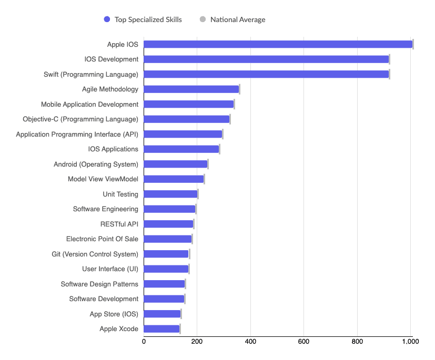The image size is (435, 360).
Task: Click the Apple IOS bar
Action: pos(278,44)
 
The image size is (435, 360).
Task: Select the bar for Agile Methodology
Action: pos(191,89)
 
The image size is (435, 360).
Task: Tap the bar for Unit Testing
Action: pos(170,194)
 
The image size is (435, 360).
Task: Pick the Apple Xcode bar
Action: pos(161,329)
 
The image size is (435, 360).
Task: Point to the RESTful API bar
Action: pos(168,224)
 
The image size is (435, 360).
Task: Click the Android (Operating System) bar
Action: pos(175,164)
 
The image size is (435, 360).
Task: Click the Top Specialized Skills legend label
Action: pos(148,19)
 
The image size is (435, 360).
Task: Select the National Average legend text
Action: pos(238,19)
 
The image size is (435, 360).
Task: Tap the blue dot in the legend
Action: pos(107,19)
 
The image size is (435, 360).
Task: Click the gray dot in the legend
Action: pos(203,19)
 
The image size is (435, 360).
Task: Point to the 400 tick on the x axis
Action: pos(250,341)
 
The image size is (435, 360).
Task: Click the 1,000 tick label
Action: pos(410,341)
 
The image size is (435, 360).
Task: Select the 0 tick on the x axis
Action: pos(144,341)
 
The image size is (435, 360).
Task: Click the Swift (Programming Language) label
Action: pos(91,74)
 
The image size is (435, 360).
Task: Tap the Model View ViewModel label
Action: pos(103,179)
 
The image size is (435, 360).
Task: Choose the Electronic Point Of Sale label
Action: pos(102,239)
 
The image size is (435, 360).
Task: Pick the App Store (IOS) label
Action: pos(114,314)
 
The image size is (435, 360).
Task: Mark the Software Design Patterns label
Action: pos(99,284)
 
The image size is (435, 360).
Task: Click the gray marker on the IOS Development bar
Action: pos(389,59)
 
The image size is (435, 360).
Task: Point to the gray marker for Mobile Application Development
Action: pos(234,104)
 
